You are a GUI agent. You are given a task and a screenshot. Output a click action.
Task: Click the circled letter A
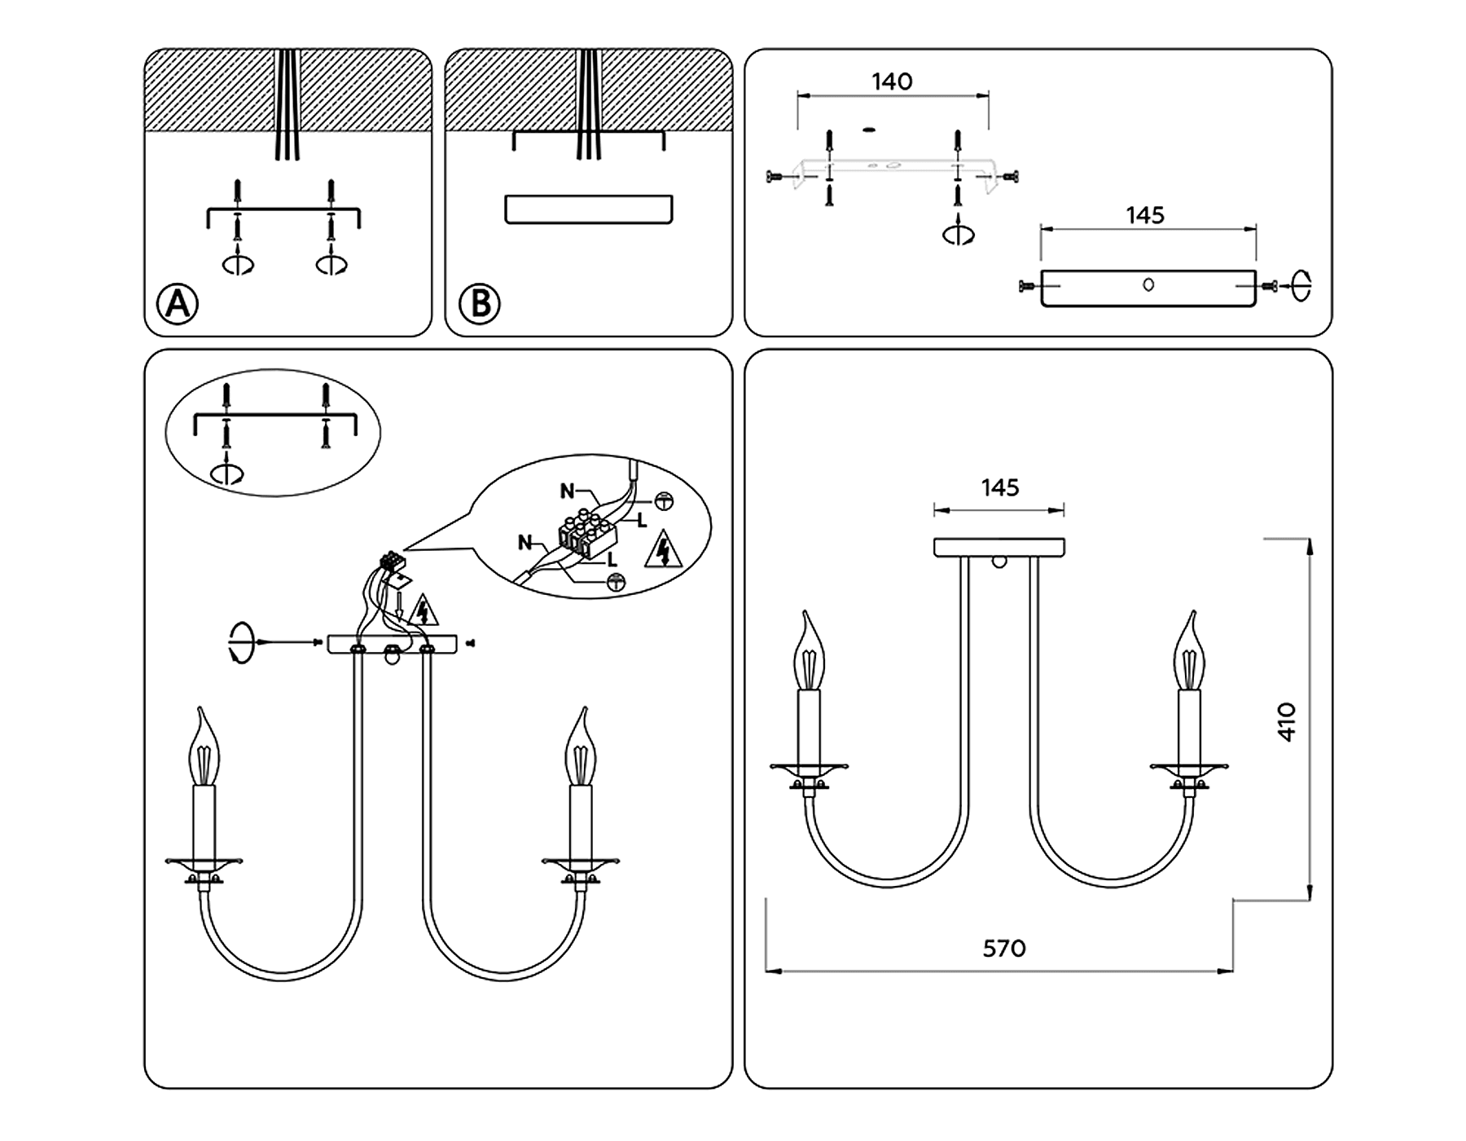[178, 304]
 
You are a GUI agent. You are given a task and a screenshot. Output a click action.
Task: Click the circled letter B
[480, 304]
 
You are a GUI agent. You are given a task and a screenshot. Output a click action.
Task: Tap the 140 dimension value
[892, 81]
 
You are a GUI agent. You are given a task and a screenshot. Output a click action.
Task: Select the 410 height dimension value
[1286, 721]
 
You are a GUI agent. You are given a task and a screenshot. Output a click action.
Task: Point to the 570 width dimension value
[1003, 949]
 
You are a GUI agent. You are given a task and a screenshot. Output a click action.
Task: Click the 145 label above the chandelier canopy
[999, 487]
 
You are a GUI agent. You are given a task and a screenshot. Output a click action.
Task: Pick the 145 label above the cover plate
[1145, 215]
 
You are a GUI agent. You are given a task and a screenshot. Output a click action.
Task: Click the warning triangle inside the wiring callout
[663, 551]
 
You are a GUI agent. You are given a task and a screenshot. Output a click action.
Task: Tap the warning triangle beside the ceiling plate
[423, 610]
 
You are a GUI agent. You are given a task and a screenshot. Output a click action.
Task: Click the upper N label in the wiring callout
[567, 491]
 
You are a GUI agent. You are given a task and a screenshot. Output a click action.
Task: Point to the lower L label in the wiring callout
[612, 561]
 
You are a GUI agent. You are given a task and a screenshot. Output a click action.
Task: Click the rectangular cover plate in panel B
[588, 209]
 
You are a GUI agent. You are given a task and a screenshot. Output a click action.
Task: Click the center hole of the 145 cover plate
[1148, 284]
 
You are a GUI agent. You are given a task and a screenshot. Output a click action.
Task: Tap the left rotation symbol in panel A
[238, 265]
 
